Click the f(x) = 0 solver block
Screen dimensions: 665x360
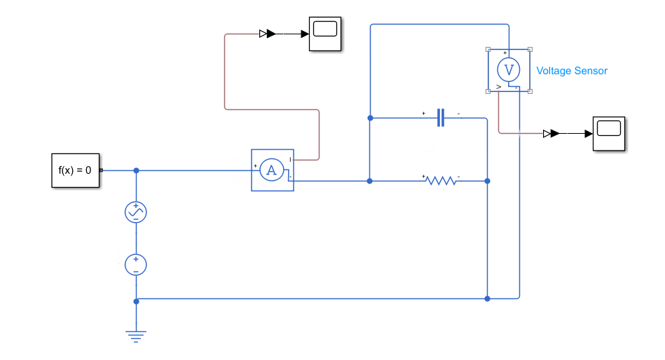[x=76, y=170]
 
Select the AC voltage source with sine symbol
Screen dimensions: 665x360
[x=136, y=212]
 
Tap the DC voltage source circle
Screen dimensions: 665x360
[x=136, y=265]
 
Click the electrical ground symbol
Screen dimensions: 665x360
[x=136, y=337]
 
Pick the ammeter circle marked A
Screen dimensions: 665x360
[x=271, y=170]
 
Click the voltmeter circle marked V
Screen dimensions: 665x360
[x=509, y=69]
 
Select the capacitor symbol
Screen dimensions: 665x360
[x=441, y=118]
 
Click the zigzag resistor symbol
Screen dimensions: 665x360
[x=441, y=181]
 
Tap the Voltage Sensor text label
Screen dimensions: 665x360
[x=572, y=71]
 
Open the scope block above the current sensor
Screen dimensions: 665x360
[x=325, y=34]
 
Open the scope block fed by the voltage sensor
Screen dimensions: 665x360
[x=609, y=134]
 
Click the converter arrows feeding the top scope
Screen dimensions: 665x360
[x=268, y=34]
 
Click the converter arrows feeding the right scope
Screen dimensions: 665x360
[x=551, y=134]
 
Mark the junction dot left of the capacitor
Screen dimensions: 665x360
[x=370, y=118]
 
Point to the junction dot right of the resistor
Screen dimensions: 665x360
[x=487, y=181]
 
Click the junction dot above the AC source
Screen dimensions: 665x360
[x=136, y=170]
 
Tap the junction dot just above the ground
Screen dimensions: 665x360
[x=136, y=301]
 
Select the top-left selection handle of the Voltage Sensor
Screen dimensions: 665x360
[x=488, y=49]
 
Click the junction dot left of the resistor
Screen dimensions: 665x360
[x=369, y=181]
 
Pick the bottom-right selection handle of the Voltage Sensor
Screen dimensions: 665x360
[x=530, y=91]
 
